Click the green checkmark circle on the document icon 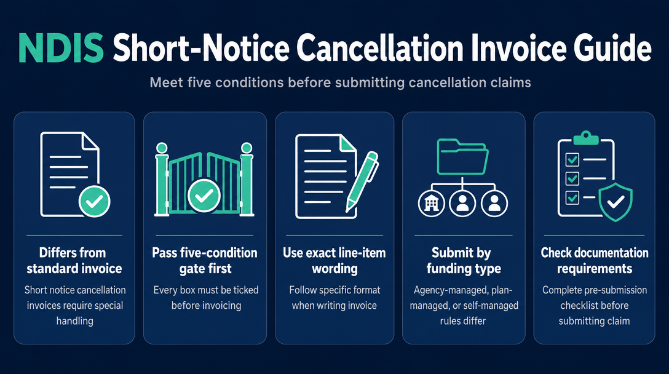click(94, 201)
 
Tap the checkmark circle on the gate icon click(204, 196)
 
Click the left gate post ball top click(162, 148)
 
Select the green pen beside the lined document click(362, 181)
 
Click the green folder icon click(462, 156)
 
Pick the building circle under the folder click(432, 204)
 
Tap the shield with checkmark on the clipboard click(616, 202)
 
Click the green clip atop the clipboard click(586, 138)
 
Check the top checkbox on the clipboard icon click(572, 160)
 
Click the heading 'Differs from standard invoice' click(74, 260)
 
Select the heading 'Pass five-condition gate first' click(205, 260)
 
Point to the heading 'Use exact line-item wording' click(334, 260)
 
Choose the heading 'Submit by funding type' click(463, 260)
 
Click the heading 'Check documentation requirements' click(595, 260)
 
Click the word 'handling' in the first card click(74, 321)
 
